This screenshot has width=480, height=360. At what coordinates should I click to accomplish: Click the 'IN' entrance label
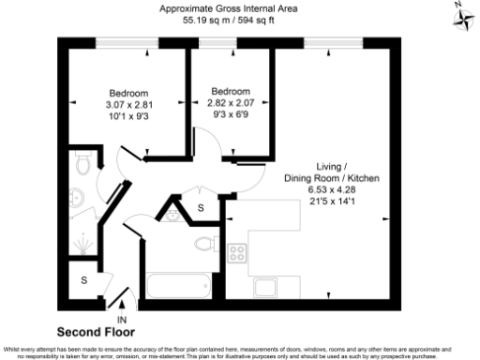click(121, 320)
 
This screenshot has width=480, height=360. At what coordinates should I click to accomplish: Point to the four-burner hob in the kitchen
click(237, 251)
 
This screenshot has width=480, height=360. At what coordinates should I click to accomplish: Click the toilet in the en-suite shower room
click(82, 168)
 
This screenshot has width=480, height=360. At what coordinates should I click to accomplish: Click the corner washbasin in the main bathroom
click(172, 215)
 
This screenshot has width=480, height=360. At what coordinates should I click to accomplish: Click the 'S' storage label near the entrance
click(83, 280)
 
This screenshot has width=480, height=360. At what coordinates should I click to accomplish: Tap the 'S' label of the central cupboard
click(200, 207)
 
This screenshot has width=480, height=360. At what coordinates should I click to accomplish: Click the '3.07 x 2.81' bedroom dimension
click(127, 105)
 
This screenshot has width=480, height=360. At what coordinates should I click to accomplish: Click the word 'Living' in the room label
click(332, 165)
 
